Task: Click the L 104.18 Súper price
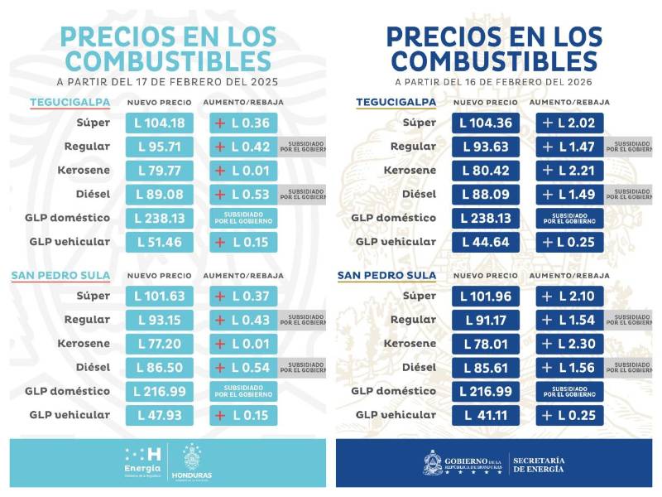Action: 160,123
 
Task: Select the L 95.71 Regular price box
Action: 160,147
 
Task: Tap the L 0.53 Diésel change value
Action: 243,194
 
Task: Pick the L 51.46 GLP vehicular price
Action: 160,242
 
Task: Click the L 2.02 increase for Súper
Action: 569,123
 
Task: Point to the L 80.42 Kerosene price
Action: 486,171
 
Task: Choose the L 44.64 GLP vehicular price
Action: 486,242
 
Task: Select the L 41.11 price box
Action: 486,415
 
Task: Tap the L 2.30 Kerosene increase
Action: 569,344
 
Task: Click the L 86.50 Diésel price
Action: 160,367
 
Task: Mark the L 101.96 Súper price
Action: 486,296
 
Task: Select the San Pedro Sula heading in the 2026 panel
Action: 388,275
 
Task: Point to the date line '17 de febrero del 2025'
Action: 167,82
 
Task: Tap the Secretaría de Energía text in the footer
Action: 539,464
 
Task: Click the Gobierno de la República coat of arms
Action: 432,462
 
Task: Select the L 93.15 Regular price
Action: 160,320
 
